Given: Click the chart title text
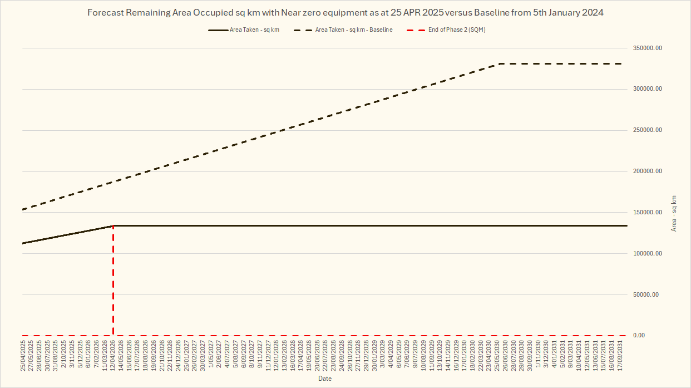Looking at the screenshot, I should coord(345,12).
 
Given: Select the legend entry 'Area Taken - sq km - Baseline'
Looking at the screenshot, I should coord(354,30).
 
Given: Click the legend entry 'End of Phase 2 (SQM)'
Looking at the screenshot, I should coord(457,30).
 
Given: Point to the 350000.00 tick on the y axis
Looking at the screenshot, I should coord(648,48).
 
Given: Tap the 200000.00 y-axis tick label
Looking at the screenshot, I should coord(648,171).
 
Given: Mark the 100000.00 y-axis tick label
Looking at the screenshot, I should coord(648,254).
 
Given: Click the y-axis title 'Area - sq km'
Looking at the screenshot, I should coord(674,213).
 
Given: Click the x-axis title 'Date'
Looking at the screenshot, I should coord(325,379).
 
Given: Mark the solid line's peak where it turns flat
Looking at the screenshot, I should coord(113,225).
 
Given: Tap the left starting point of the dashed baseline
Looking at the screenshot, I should coord(23,209).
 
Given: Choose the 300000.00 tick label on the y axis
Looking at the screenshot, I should coord(648,89).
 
